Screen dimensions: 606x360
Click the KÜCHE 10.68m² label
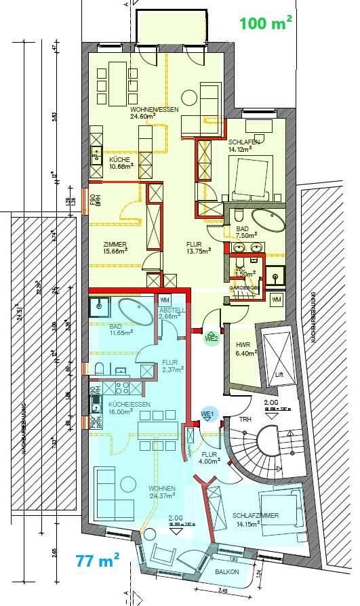point(121,163)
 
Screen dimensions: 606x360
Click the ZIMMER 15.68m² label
point(115,249)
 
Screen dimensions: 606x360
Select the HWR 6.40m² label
point(243,348)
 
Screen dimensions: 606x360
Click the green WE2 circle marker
point(212,337)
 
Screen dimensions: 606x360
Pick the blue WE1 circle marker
point(207,415)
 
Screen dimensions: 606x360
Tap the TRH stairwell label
point(245,420)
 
